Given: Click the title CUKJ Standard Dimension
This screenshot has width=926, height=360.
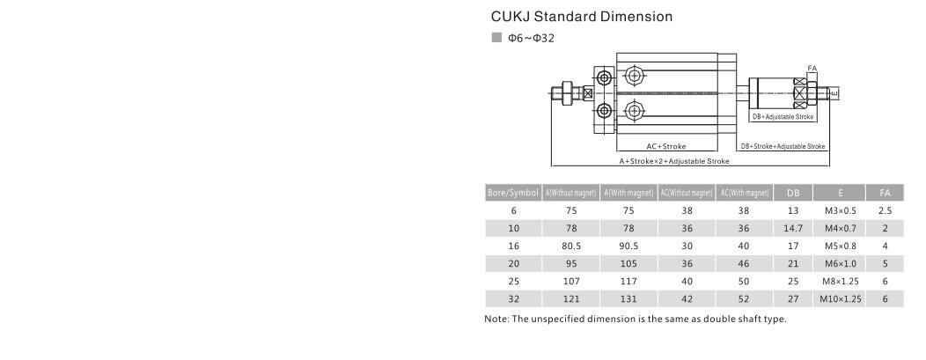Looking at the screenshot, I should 581,17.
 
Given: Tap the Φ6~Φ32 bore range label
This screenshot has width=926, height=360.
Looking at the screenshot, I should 529,38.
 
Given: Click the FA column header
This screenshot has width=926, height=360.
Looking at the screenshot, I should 885,193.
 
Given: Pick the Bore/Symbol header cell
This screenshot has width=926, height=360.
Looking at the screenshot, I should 513,193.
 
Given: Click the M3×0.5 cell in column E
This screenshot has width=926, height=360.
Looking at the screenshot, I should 840,210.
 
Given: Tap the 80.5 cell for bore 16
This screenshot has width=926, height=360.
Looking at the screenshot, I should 571,246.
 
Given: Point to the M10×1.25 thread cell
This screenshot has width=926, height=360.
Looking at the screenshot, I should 840,298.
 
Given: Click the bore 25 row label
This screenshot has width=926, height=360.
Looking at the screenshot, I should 513,281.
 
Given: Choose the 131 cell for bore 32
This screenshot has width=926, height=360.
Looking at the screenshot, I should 628,298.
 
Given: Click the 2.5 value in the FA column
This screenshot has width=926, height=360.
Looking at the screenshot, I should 885,210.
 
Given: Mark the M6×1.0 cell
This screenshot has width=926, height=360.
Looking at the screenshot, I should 840,263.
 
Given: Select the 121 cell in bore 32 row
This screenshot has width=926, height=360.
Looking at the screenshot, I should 571,298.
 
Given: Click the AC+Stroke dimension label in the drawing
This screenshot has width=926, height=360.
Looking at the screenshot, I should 665,146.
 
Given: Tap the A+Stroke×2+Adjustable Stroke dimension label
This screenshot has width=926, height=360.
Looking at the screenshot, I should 674,161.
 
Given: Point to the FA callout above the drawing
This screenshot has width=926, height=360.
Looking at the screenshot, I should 812,68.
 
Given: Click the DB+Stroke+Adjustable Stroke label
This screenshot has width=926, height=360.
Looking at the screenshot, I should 783,146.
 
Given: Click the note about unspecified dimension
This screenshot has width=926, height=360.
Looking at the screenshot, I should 635,319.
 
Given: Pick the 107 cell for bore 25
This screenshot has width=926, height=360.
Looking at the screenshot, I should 571,281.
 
